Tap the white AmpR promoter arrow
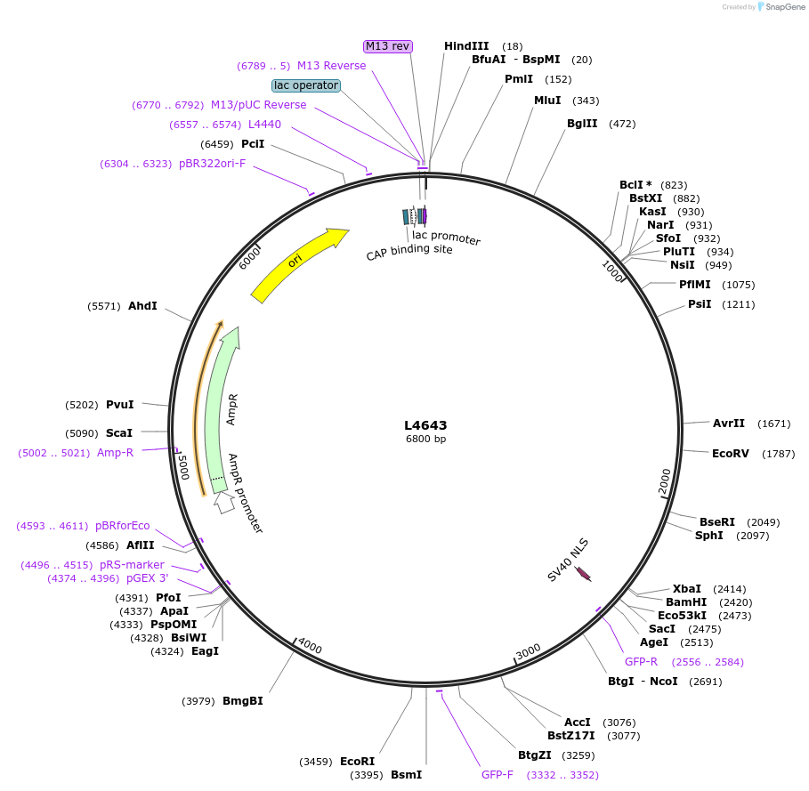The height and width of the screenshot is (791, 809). point(223,503)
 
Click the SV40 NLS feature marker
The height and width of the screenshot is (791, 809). point(584,575)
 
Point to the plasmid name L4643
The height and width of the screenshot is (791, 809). point(425,425)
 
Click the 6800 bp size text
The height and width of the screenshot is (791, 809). point(425,439)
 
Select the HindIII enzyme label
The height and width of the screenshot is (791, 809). point(467,46)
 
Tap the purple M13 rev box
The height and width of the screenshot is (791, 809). point(387,46)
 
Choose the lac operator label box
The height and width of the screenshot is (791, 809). point(306,85)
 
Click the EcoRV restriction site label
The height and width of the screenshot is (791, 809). point(731,454)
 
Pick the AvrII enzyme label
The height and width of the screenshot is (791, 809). point(729,424)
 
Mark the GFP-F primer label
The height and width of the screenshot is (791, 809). point(498,775)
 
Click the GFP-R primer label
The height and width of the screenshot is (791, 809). point(641,662)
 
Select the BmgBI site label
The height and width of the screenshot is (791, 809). point(242,701)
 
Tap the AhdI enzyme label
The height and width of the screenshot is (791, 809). point(142,306)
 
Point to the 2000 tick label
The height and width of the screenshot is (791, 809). point(666,481)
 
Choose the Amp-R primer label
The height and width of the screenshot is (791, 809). point(115,453)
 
